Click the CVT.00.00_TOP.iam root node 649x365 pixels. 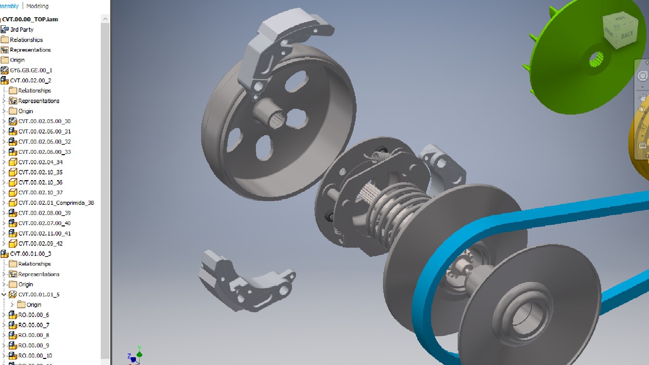[x=30, y=19]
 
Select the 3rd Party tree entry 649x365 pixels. [x=22, y=29]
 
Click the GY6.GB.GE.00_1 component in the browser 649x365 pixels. [x=31, y=70]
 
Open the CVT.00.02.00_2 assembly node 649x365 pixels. [x=30, y=80]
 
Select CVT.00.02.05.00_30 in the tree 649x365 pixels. [x=44, y=121]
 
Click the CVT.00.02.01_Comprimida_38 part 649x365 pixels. [x=56, y=203]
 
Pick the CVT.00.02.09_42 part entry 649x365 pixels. [x=40, y=243]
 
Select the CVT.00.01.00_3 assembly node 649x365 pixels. [x=30, y=253]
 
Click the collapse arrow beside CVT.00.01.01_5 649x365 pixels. [x=4, y=294]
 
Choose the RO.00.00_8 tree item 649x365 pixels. [x=33, y=335]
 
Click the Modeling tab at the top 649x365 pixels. [x=37, y=6]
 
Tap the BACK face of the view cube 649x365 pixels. [x=627, y=35]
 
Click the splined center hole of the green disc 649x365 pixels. [x=596, y=60]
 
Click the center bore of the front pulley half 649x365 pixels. [x=526, y=316]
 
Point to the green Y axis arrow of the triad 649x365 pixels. [x=139, y=353]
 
